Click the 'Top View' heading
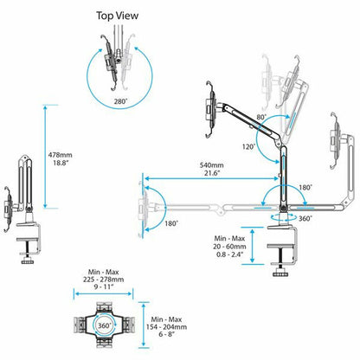coord(117,16)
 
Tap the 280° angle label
coord(120,101)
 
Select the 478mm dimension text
coord(60,155)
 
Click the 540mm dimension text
coord(212,165)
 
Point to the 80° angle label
coord(261,117)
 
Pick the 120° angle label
coord(249,147)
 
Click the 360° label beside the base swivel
coord(305,218)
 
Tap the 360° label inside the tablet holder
coord(104,325)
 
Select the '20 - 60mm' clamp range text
coord(229,247)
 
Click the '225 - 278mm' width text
coord(103,280)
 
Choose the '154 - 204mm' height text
coord(166,327)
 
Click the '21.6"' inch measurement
coord(212,173)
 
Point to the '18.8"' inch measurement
coord(61,163)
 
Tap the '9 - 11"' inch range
coord(103,287)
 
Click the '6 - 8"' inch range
coord(166,335)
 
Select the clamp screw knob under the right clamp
coord(280,273)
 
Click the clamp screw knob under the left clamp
coord(28,261)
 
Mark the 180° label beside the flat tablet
coord(171,223)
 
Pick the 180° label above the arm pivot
coord(305,188)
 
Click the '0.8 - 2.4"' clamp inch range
coord(229,254)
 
